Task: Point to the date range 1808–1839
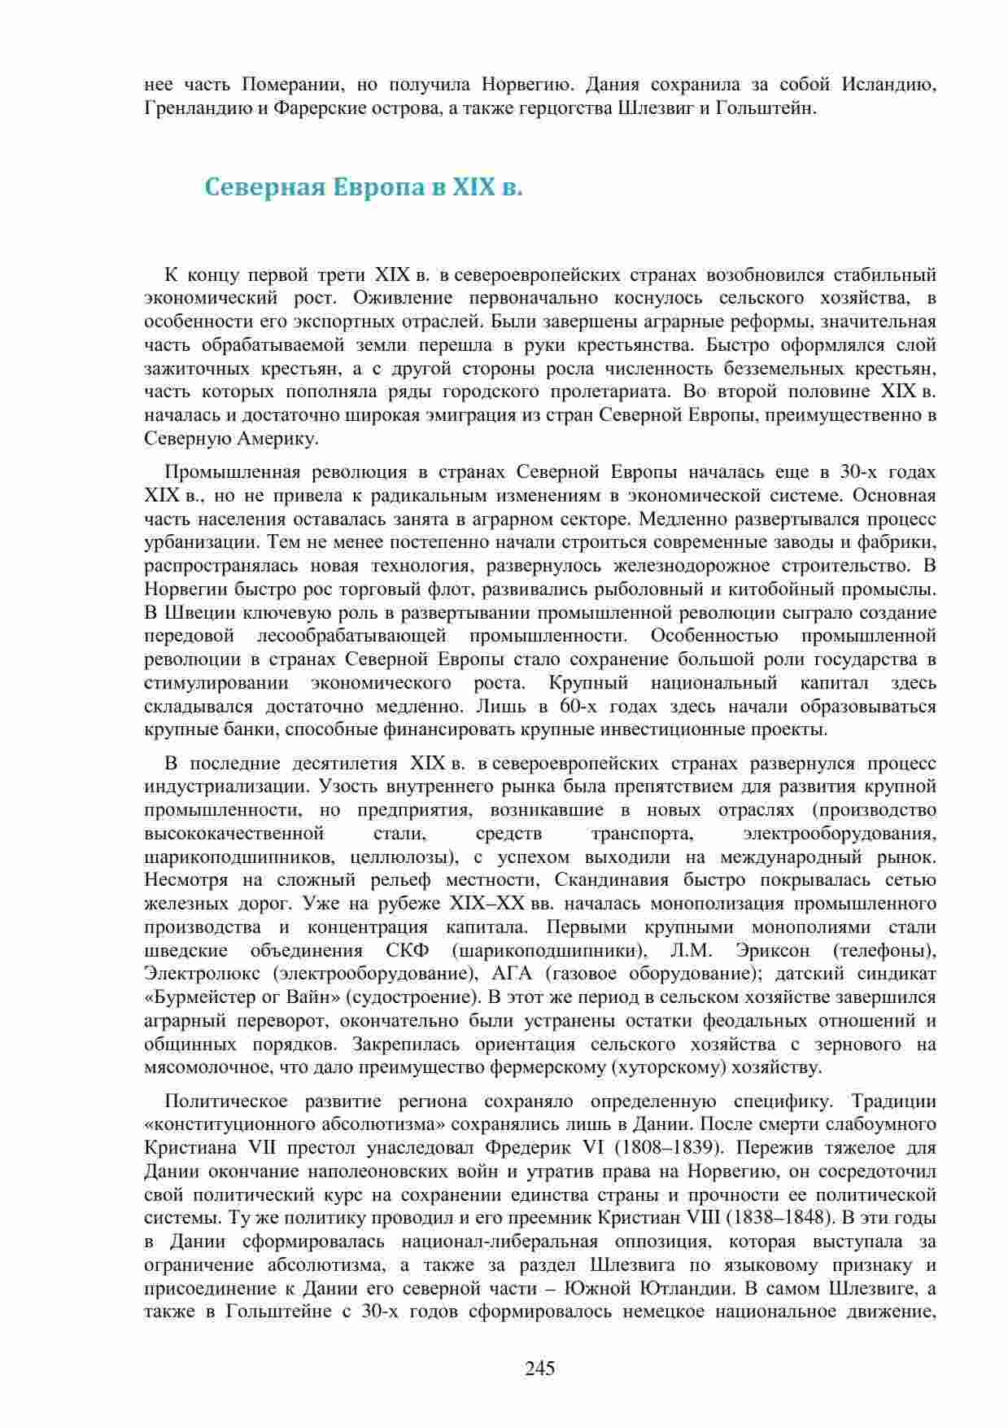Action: tap(671, 1149)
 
